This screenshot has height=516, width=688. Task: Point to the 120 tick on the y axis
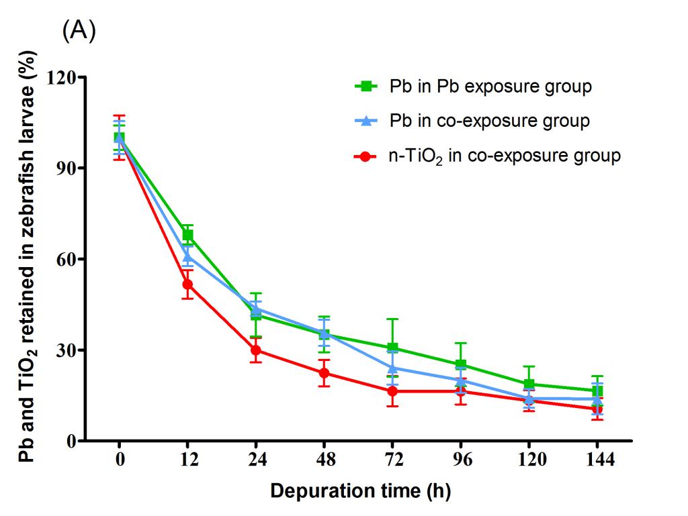[64, 77]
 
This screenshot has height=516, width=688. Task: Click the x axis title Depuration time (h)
[360, 491]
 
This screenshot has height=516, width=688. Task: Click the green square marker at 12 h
[187, 235]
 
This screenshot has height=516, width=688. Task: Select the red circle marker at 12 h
[187, 285]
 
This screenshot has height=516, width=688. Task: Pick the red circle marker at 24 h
[256, 350]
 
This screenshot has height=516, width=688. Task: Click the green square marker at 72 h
[392, 348]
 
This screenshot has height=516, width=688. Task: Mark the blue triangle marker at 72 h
[392, 368]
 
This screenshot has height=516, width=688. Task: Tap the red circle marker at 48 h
[325, 373]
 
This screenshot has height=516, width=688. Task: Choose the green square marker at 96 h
[461, 365]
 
